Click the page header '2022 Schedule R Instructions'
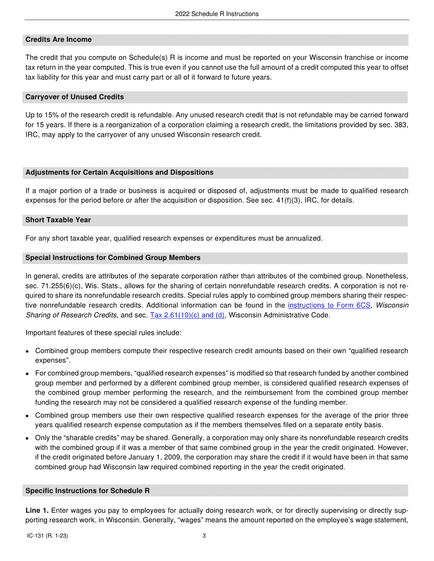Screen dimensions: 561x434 click(x=217, y=14)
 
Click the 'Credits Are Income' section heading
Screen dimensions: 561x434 click(x=58, y=40)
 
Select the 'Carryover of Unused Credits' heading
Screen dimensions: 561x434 click(x=74, y=97)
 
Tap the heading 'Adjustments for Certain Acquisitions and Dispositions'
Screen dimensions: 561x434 click(x=119, y=172)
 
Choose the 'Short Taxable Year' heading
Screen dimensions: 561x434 click(x=58, y=220)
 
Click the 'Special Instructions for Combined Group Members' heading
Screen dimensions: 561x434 click(x=113, y=258)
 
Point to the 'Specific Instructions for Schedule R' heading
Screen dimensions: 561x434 click(x=87, y=491)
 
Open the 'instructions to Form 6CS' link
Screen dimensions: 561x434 click(x=329, y=305)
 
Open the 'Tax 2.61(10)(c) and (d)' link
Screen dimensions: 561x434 click(x=187, y=315)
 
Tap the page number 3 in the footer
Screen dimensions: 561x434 click(x=204, y=536)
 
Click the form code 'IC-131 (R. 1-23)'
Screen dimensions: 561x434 click(x=48, y=536)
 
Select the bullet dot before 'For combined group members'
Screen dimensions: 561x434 click(x=28, y=374)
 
